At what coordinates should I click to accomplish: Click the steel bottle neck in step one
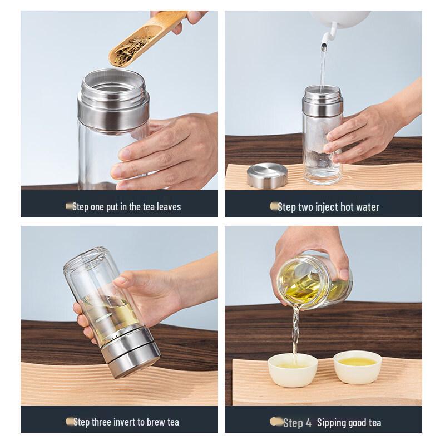pyautogui.click(x=115, y=103)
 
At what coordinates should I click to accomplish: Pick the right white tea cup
pyautogui.click(x=355, y=367)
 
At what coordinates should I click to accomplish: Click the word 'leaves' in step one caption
pyautogui.click(x=166, y=206)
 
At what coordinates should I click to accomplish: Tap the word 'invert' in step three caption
pyautogui.click(x=126, y=422)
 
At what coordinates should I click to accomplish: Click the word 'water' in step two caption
pyautogui.click(x=367, y=207)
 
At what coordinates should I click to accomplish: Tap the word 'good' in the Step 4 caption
pyautogui.click(x=360, y=423)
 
